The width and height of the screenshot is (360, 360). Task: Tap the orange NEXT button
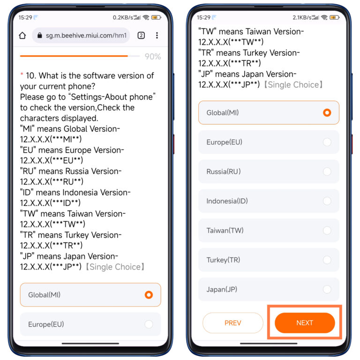tap(305, 323)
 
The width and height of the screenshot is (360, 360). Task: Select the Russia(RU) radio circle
tap(327, 172)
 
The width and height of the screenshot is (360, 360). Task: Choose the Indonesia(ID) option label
tap(227, 201)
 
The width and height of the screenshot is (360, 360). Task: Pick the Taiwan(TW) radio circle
tap(327, 231)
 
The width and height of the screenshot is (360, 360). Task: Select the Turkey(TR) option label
tap(223, 260)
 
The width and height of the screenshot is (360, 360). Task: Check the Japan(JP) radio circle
tap(327, 289)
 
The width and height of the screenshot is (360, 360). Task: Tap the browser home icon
tap(22, 36)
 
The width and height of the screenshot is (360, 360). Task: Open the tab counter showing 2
tap(141, 36)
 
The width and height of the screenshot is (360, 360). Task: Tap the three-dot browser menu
tap(157, 36)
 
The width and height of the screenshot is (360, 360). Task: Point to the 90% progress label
tap(152, 57)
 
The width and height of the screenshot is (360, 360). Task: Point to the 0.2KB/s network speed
tap(123, 17)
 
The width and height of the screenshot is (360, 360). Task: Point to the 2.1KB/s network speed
tap(303, 17)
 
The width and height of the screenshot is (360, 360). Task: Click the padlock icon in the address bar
tap(39, 36)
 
